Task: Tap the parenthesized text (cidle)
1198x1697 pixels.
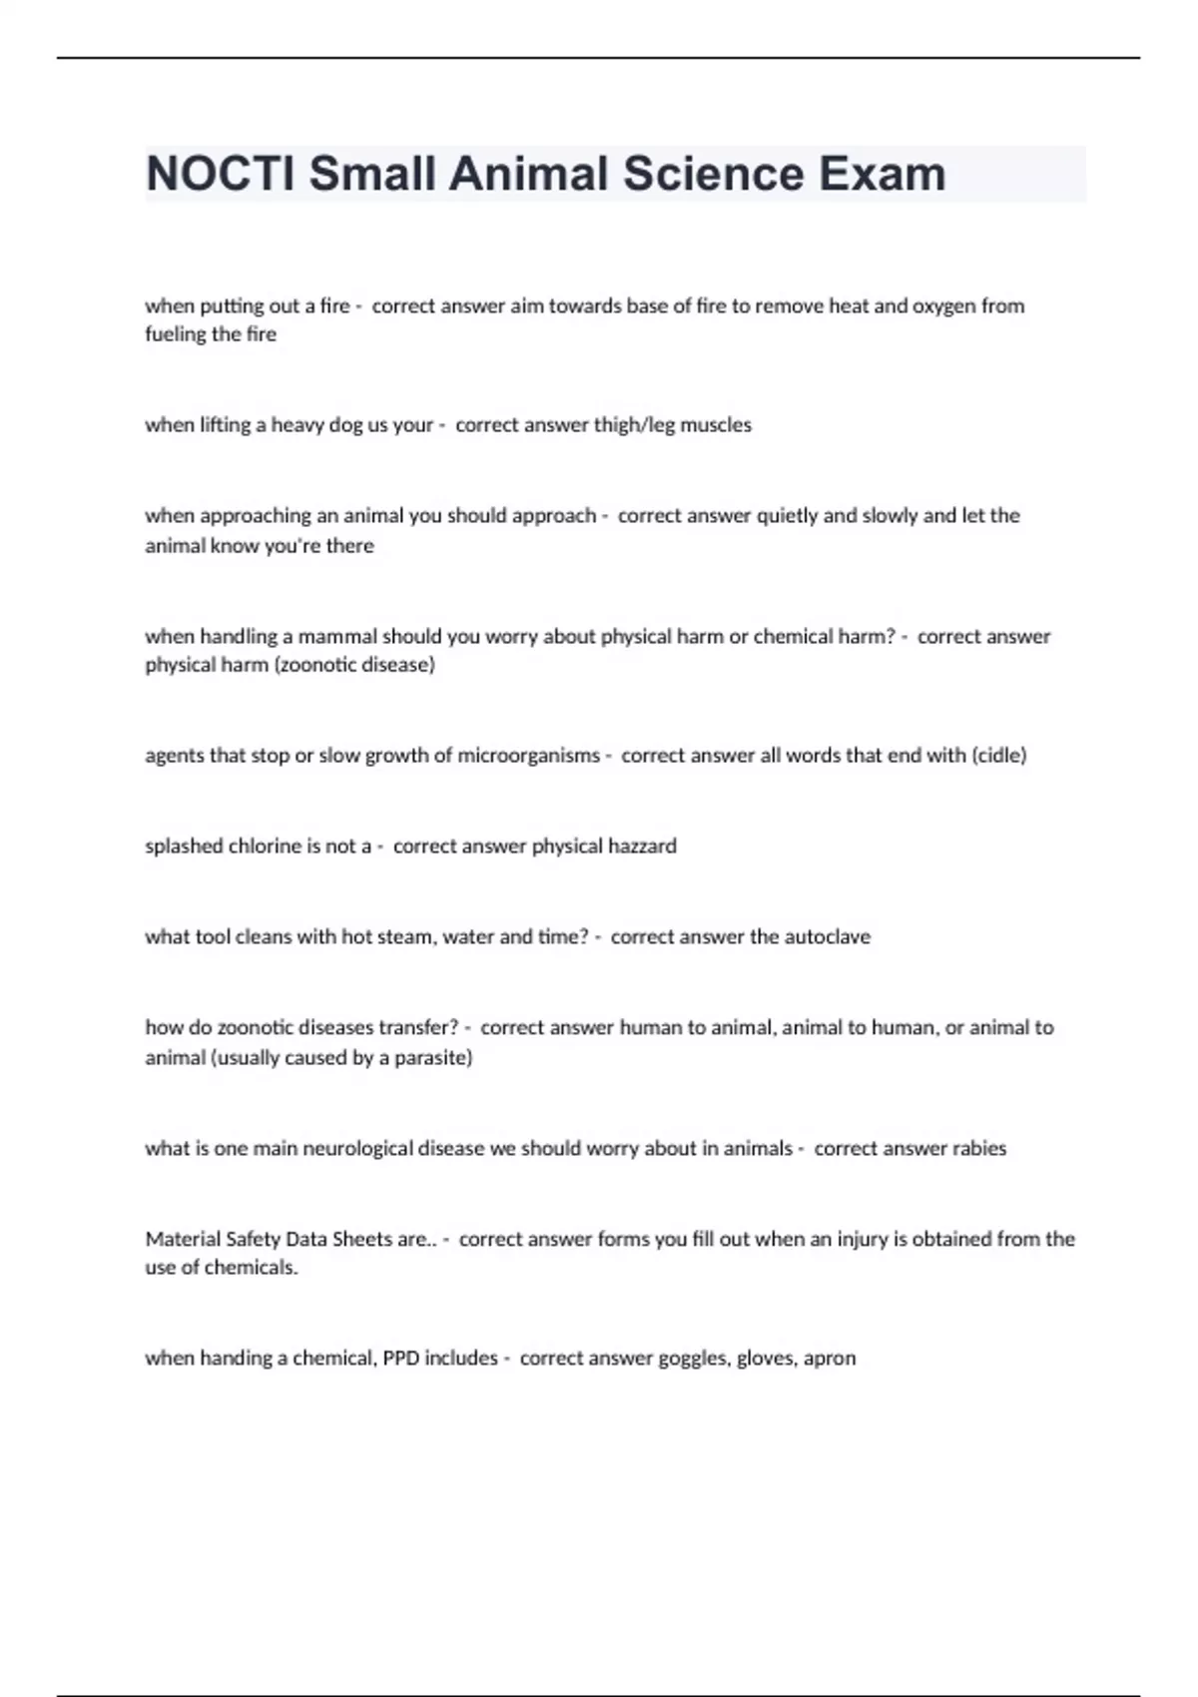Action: [x=998, y=755]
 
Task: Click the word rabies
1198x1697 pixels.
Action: [x=978, y=1148]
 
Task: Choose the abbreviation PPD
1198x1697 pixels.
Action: [x=401, y=1358]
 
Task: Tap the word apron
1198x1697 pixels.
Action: [x=830, y=1359]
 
